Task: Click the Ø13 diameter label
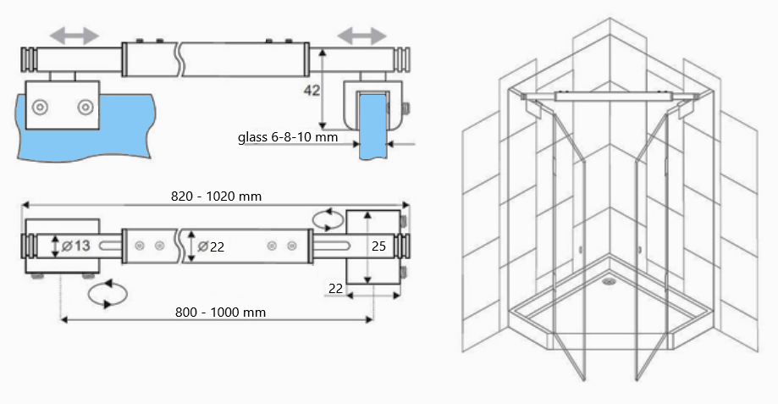[75, 246]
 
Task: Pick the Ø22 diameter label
[211, 246]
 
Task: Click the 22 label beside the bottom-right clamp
[336, 289]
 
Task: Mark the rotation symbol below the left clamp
[108, 294]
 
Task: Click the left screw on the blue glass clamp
[40, 107]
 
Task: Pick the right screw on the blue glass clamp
[85, 107]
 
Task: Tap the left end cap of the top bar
[28, 61]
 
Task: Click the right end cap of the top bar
[405, 61]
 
